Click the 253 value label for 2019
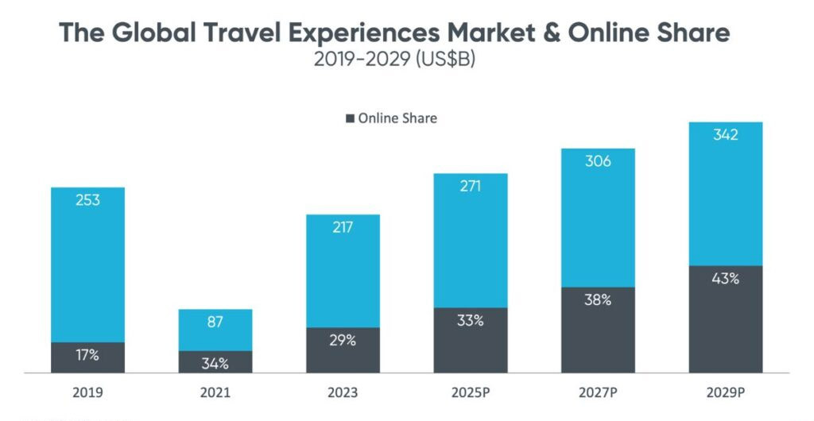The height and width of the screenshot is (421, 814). (87, 200)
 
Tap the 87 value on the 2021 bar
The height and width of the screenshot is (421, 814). (215, 322)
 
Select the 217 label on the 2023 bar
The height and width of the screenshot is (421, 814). (343, 227)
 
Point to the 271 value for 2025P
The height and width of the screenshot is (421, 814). (470, 186)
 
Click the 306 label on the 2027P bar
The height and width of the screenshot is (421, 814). (598, 161)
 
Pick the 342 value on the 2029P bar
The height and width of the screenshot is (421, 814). (725, 135)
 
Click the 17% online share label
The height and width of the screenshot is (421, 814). (87, 355)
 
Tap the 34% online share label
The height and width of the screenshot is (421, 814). (215, 364)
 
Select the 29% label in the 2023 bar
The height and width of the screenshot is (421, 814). (343, 340)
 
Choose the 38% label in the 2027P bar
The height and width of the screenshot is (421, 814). (598, 300)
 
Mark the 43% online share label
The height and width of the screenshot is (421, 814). (725, 279)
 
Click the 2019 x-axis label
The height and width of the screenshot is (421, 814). (87, 392)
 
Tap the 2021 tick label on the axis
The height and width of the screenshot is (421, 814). (215, 392)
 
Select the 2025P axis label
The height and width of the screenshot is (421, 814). (470, 392)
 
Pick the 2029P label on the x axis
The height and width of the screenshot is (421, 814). (725, 392)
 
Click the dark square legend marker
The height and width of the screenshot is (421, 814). (350, 119)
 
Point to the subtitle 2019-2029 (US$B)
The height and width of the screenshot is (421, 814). (395, 60)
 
